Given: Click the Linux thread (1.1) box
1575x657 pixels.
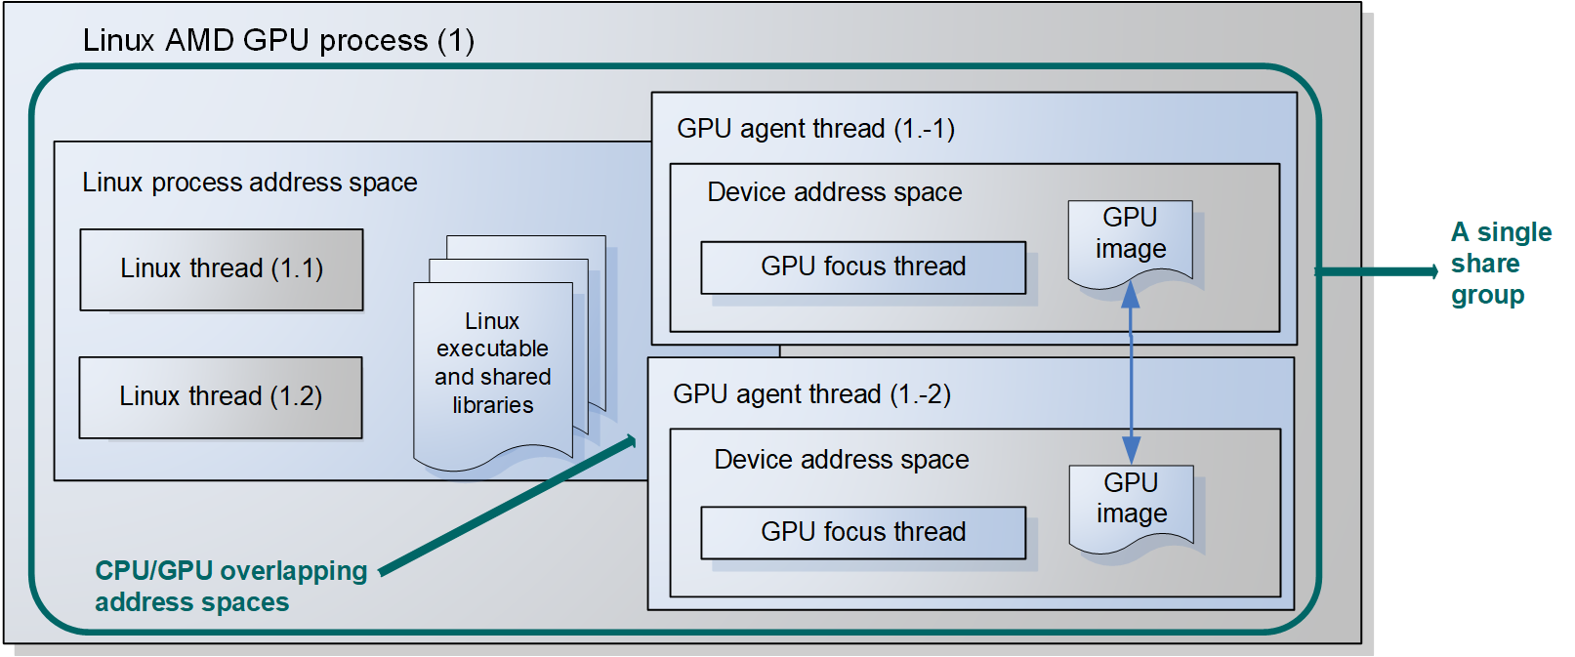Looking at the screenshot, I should coord(222,269).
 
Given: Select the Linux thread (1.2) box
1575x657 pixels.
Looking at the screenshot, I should coord(221,397).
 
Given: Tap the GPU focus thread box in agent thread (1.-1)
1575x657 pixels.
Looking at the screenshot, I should coord(863,267).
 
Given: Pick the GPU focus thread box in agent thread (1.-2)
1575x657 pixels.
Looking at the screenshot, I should coord(863,533).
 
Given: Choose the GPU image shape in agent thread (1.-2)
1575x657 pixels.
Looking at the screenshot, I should coord(1131,500).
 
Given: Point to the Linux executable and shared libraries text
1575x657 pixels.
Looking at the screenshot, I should coord(493,363).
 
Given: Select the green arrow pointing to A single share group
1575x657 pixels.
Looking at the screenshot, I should coord(1377,271).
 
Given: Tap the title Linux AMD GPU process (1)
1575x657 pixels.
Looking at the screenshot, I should coord(278,41).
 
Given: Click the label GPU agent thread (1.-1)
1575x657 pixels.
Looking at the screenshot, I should coord(815,129).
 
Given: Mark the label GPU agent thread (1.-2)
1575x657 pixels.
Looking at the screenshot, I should coord(811,394).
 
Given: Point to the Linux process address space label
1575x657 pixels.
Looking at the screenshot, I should coord(250,183).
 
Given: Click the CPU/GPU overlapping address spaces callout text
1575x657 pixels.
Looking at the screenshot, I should coord(230,586).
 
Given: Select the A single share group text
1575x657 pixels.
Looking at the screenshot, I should coord(1500,264).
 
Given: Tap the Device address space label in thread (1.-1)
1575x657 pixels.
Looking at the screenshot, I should coord(835,192).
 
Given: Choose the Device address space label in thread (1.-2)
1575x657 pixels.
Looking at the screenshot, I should coord(842,460).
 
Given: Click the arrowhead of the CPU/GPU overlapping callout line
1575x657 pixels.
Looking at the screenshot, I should coord(630,441).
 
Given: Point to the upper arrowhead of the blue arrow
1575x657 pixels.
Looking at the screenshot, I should coord(1131,294).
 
